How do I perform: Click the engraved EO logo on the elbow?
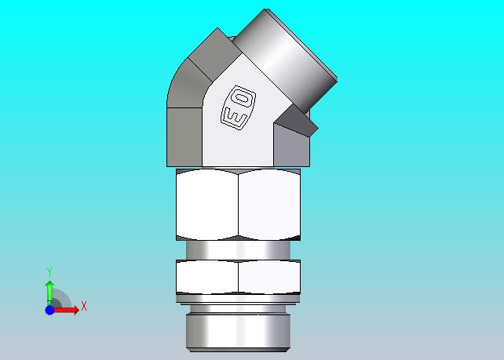click(238, 107)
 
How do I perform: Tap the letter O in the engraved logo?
click(243, 98)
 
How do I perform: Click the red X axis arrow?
click(66, 310)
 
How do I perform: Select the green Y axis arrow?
click(49, 293)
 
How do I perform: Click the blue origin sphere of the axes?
click(49, 311)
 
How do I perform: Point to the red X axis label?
click(84, 306)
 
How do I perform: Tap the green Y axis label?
click(49, 271)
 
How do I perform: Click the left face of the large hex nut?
click(207, 205)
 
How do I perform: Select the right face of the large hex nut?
click(269, 205)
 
